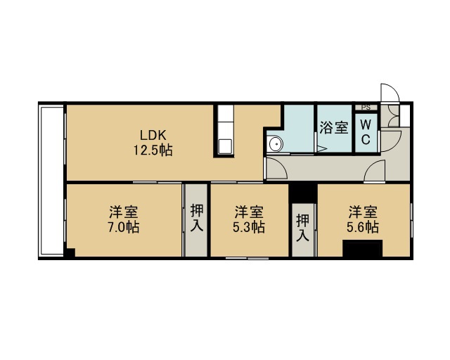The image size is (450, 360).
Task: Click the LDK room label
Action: [153, 134]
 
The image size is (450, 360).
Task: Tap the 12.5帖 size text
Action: [153, 150]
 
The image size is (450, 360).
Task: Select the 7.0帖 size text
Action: [124, 227]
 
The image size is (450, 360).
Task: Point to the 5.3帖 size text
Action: [248, 227]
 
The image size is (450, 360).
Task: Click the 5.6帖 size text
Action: [363, 227]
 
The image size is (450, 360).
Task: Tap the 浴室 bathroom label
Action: [334, 127]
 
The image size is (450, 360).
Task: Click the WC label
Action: [366, 132]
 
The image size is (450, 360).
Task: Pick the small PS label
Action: [366, 108]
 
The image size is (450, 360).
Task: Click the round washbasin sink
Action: [275, 143]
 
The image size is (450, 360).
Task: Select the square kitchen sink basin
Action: [225, 146]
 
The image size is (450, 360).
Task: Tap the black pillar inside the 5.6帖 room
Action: [363, 249]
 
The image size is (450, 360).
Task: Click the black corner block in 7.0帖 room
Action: [70, 252]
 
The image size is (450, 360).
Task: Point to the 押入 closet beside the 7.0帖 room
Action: [196, 220]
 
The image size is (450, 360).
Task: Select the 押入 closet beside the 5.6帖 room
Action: [303, 230]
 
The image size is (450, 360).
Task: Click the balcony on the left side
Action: [51, 180]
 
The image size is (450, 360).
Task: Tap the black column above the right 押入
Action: [303, 193]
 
